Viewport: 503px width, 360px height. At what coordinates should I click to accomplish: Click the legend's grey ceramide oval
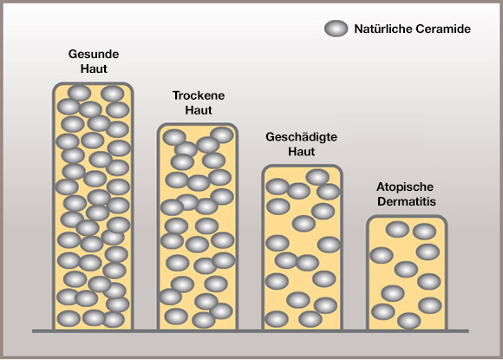pos(336,29)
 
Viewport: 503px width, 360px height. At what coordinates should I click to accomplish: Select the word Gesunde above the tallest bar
pos(94,54)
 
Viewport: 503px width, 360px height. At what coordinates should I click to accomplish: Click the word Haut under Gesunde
pos(94,69)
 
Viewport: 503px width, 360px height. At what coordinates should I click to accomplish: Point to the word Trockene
pos(199,95)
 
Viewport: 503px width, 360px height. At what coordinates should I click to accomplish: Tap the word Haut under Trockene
pos(199,110)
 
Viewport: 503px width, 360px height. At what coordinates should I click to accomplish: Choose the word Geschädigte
pos(301,137)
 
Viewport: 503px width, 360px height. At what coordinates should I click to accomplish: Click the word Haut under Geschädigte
pos(301,151)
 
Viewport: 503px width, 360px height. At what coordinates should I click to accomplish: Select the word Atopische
pos(405,187)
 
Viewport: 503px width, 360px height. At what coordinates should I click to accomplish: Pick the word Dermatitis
pos(407,201)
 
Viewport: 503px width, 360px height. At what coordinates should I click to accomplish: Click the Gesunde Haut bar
pos(93,206)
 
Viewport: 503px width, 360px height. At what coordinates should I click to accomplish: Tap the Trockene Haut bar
pos(198,226)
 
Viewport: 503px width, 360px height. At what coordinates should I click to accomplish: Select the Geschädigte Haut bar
pos(303,247)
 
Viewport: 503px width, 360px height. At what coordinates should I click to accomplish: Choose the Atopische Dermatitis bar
pos(407,272)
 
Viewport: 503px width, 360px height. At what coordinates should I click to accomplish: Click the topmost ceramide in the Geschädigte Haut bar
pos(317,177)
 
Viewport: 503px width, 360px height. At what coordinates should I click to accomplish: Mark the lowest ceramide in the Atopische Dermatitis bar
pos(409,321)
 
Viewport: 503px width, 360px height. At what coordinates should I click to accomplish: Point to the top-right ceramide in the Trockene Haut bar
pos(222,134)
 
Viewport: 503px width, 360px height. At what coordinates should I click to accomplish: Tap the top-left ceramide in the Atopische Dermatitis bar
pos(397,229)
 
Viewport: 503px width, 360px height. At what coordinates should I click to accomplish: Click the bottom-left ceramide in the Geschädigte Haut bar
pos(277,319)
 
